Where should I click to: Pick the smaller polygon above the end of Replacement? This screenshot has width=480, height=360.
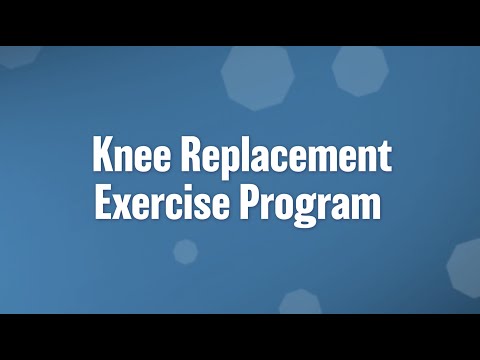pos(359,69)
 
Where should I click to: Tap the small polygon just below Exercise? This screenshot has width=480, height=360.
pos(185,251)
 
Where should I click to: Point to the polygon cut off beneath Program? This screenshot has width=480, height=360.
pos(300,303)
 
